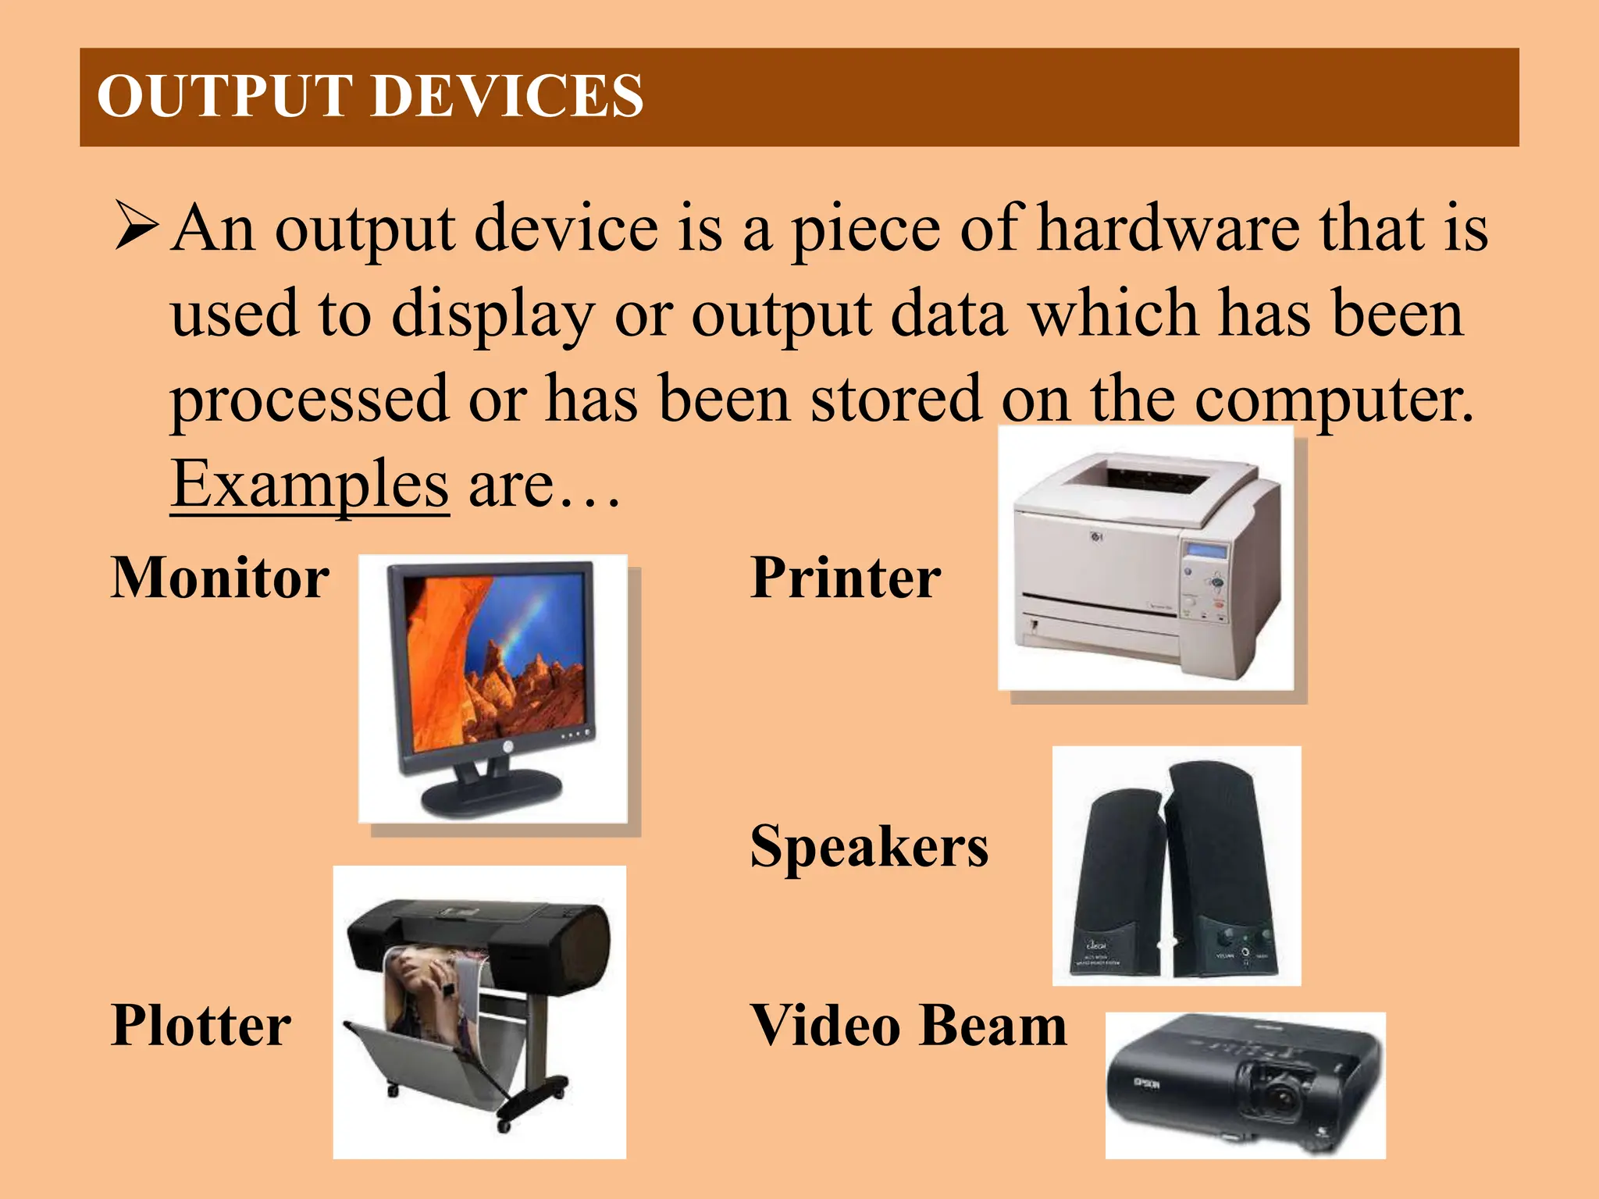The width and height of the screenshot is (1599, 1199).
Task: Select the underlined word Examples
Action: pos(309,484)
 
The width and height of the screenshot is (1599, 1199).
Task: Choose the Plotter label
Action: pos(201,1025)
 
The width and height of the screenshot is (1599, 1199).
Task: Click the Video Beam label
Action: pos(908,1025)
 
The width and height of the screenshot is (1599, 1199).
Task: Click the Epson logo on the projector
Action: pos(1146,1083)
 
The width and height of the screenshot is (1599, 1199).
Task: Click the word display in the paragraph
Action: pos(492,314)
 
